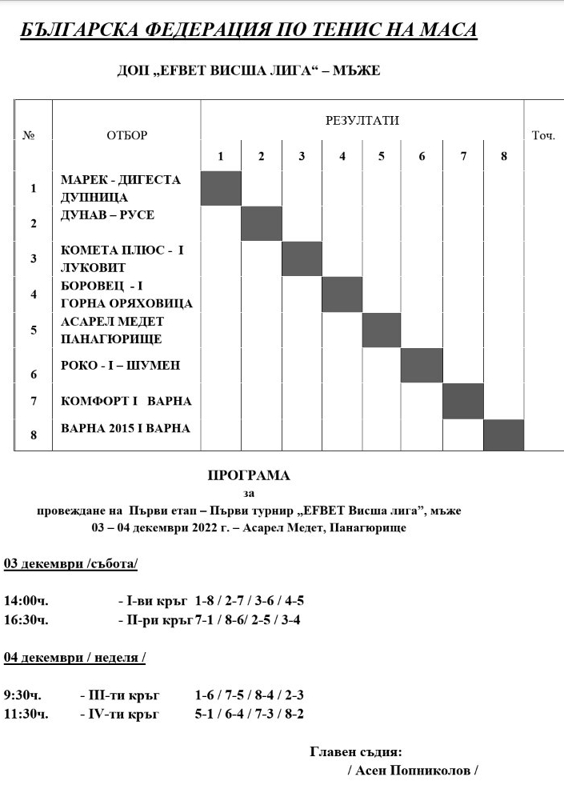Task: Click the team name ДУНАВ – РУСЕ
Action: (x=107, y=215)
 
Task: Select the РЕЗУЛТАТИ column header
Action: (x=362, y=121)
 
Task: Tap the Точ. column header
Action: (x=543, y=136)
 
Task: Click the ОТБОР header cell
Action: (x=126, y=136)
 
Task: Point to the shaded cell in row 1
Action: (x=221, y=188)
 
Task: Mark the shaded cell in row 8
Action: (x=503, y=435)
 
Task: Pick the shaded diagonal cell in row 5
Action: (x=382, y=330)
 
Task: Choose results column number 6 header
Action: (x=422, y=157)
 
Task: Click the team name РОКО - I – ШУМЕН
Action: (x=121, y=365)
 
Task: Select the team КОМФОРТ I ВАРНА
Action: (x=126, y=401)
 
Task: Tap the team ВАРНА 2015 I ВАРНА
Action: (x=126, y=429)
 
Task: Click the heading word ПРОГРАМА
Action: (x=248, y=475)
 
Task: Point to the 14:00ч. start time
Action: (x=26, y=600)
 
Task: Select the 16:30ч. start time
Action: (x=26, y=619)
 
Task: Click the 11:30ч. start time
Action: (x=26, y=714)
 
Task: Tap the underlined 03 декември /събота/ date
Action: (x=70, y=563)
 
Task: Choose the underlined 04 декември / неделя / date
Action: (x=74, y=658)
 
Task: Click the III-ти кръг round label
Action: (x=121, y=695)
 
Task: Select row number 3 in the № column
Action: (x=33, y=258)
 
